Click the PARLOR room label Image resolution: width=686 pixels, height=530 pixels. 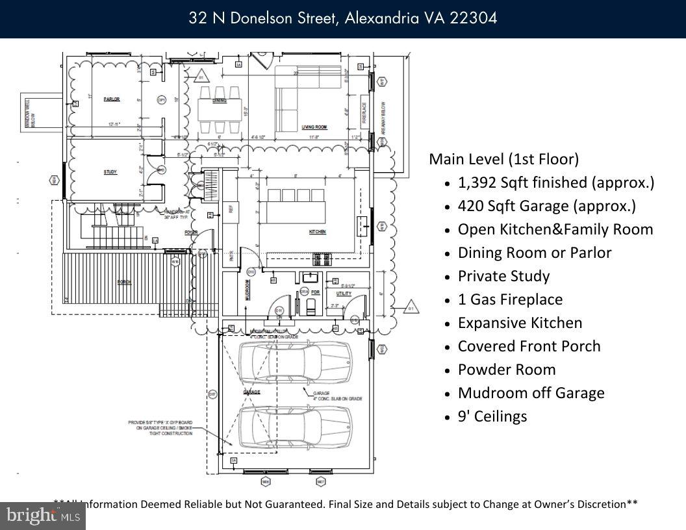coord(111,99)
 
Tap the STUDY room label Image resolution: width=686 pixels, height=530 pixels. coord(110,172)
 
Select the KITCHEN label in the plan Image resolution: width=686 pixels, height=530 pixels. coord(318,232)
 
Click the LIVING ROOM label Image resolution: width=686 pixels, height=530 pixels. coord(314,127)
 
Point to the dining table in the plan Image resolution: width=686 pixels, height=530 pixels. coord(220,108)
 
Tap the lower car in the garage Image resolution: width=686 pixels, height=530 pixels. coord(295,426)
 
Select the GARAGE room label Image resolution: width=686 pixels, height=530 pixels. coord(251,393)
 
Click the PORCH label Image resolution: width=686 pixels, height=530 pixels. coord(123,283)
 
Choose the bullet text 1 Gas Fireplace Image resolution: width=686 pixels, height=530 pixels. coord(510,299)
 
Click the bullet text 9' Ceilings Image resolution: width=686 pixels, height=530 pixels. coord(492,416)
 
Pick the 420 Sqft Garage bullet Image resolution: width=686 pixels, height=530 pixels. coord(546,206)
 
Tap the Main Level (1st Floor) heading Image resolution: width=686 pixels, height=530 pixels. coord(503,159)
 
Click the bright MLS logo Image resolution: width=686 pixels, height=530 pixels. coord(43,516)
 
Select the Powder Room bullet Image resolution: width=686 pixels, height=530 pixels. coord(507,370)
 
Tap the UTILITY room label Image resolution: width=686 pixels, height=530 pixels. coord(344,294)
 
